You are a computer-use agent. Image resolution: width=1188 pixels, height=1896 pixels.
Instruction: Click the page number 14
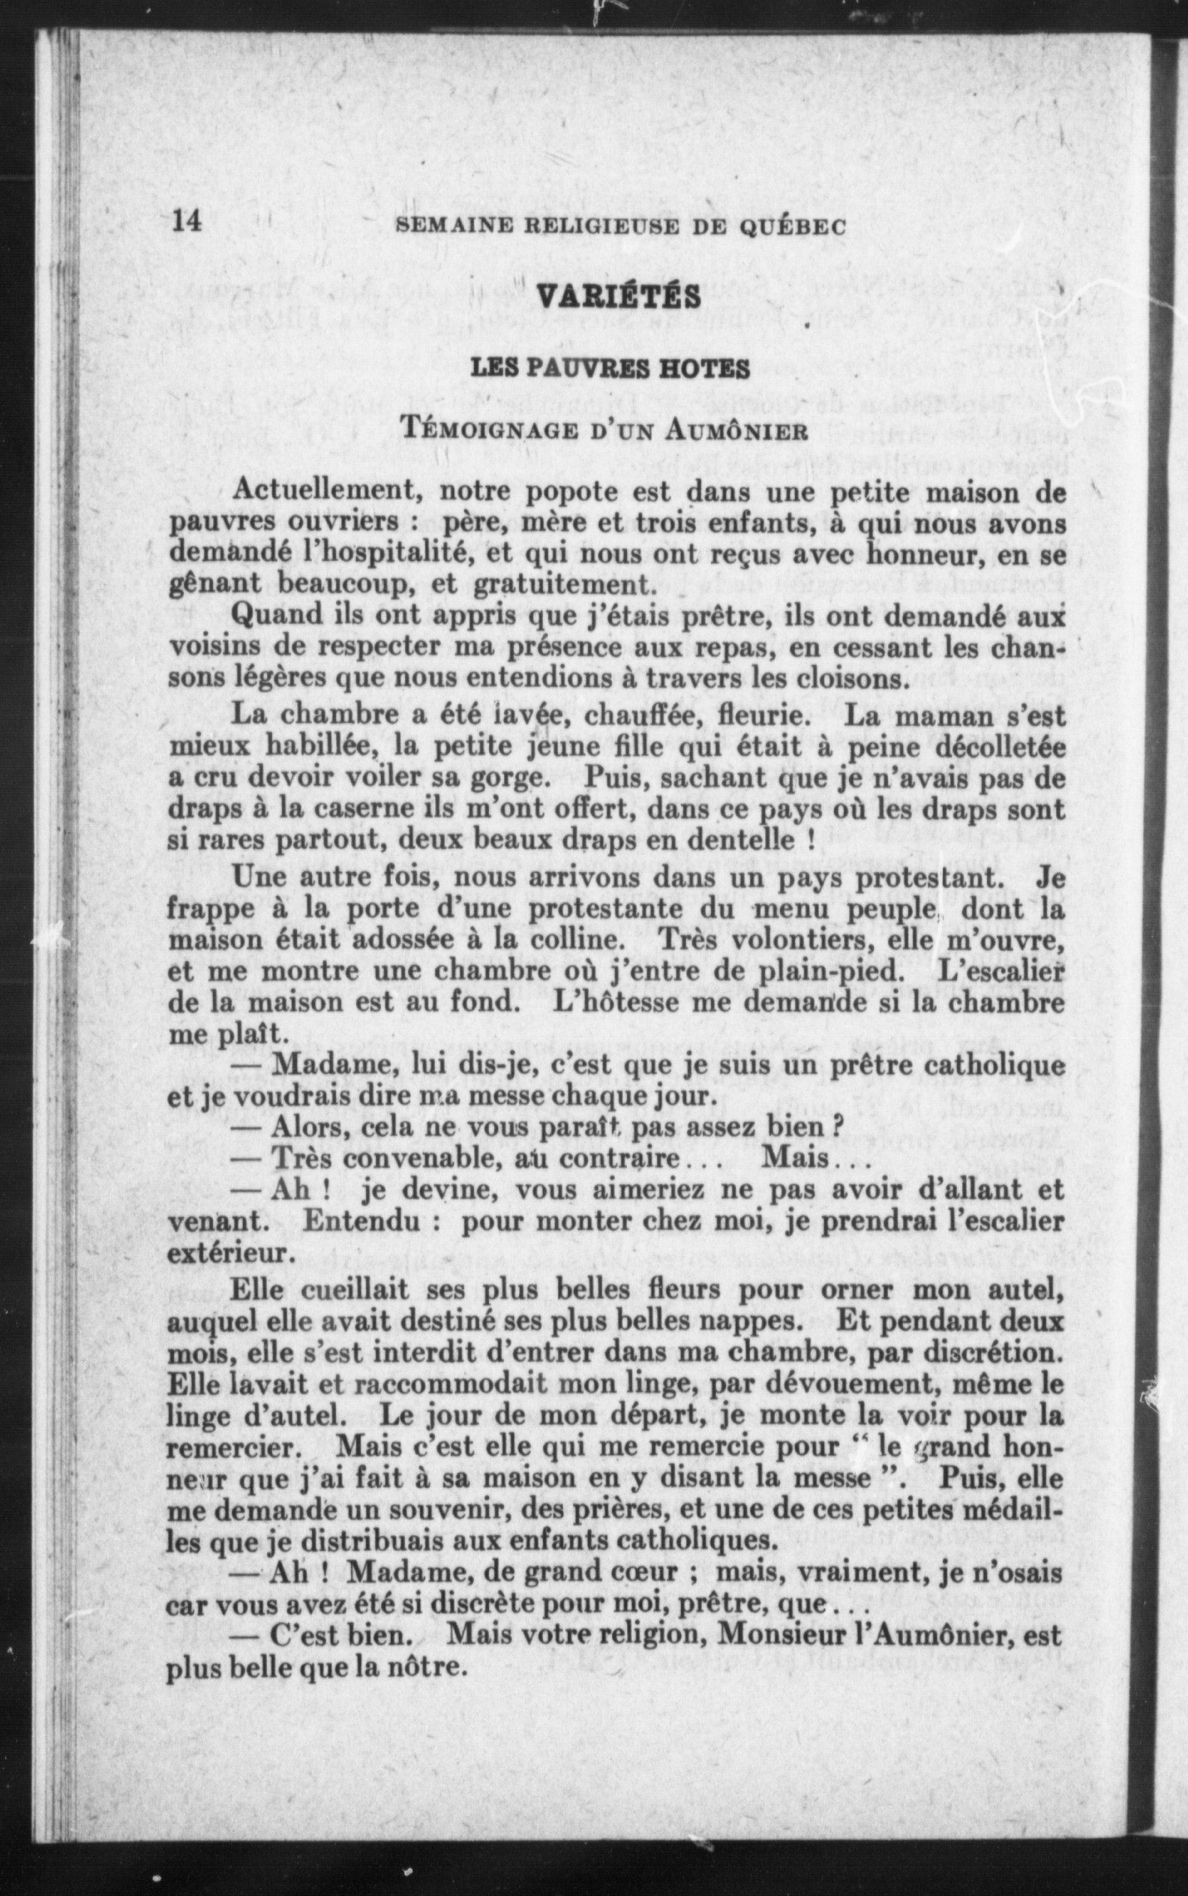[x=187, y=221]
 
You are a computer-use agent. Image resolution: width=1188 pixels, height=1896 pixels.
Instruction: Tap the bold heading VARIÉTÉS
[x=617, y=296]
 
